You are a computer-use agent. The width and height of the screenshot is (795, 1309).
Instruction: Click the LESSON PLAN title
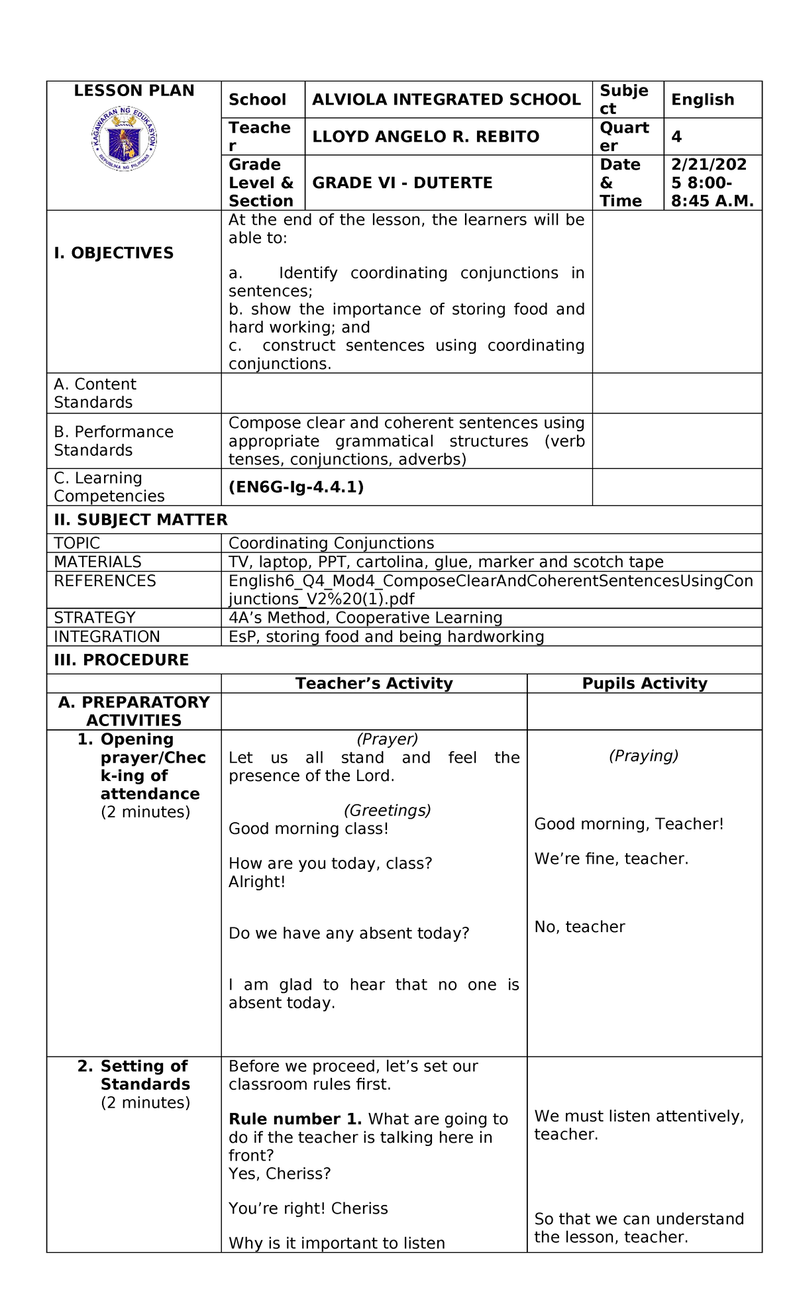134,91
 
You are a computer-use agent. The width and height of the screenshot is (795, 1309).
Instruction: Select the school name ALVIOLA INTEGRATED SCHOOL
446,100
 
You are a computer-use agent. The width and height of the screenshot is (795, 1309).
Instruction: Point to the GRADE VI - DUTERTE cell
402,183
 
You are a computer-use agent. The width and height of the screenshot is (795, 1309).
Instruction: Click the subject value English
702,100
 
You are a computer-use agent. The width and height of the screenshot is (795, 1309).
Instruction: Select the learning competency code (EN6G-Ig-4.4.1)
296,488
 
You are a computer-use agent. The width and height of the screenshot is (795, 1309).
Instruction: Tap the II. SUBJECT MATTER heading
140,520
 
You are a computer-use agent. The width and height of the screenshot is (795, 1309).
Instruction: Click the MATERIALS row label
97,562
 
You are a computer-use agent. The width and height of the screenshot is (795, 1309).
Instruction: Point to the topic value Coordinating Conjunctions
331,543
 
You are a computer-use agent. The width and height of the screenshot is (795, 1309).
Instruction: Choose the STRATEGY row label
94,617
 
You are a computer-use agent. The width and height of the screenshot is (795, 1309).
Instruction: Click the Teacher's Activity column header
374,684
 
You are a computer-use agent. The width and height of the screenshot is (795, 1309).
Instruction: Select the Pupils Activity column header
644,684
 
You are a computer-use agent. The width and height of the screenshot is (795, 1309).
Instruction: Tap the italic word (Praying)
643,756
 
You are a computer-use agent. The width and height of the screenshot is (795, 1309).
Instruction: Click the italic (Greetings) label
387,810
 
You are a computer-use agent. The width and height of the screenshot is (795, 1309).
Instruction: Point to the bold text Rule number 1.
295,1119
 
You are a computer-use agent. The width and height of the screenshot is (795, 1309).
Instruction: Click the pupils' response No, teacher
579,927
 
